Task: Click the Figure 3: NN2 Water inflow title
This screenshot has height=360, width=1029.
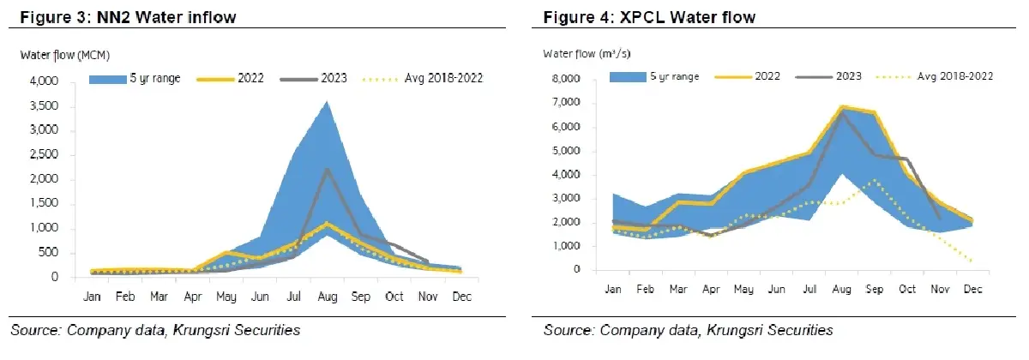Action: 128,17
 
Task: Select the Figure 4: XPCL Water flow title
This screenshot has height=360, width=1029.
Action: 649,17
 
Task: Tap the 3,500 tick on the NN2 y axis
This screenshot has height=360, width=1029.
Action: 44,105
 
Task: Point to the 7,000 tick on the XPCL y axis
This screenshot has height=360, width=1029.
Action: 566,102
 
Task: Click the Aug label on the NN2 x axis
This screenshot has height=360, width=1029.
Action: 328,297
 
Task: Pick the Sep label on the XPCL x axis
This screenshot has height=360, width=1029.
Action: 874,290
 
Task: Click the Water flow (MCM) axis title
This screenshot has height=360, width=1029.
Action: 65,55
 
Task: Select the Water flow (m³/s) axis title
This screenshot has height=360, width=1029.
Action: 587,54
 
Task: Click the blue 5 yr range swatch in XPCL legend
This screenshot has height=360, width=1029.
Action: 628,76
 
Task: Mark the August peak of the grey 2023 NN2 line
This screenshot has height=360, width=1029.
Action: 327,169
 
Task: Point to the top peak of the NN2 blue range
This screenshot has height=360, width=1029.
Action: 327,101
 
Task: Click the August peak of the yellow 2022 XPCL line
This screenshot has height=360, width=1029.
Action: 841,107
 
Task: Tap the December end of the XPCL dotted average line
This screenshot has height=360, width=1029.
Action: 972,261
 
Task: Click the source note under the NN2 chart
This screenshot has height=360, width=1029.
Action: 155,330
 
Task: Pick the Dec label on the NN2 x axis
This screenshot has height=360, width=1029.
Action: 461,297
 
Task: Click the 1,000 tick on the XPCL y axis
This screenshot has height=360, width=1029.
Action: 566,246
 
